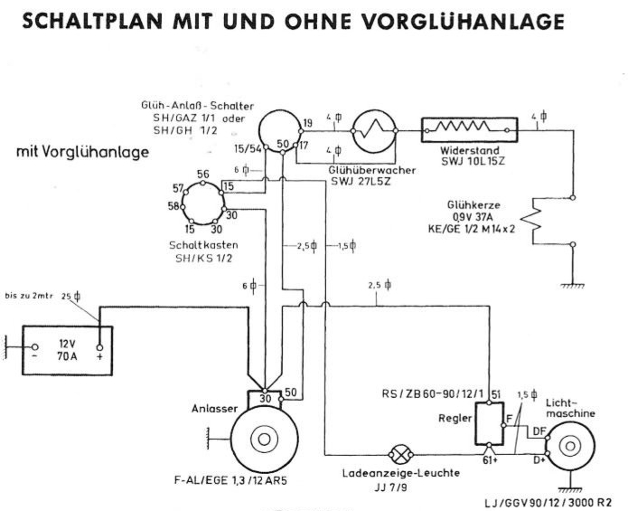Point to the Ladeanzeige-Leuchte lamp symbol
399,452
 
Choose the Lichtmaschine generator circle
568,446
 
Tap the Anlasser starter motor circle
263,440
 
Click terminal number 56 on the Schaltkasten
203,175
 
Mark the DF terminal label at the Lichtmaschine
540,431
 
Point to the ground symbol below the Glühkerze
570,285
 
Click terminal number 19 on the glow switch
308,122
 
